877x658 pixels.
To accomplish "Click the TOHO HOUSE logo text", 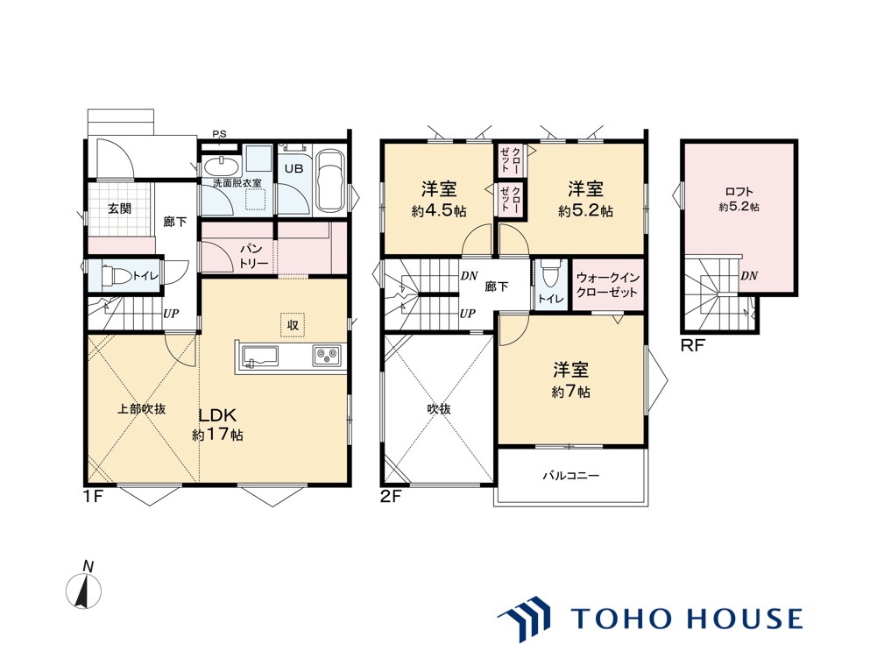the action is [x=687, y=619].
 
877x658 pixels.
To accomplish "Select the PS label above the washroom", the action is [x=219, y=134].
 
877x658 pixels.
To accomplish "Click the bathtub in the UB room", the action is [x=331, y=182].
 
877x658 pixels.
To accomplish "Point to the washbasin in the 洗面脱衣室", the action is [x=221, y=166].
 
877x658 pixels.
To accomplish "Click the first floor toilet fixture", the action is [x=117, y=276].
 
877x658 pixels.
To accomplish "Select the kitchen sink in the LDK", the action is [x=259, y=356].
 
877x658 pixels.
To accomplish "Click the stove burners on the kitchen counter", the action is [x=327, y=355].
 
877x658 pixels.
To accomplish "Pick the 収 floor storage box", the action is [x=294, y=324].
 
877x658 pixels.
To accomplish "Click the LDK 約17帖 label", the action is [x=217, y=424].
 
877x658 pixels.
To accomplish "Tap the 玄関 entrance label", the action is [x=120, y=209].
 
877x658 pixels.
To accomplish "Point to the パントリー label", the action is [x=254, y=256].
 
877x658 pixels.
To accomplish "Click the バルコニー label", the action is [x=571, y=476].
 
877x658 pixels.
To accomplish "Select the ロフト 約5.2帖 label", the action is [x=739, y=199].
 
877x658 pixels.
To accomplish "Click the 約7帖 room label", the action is [x=570, y=393].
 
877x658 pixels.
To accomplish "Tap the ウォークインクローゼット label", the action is [x=607, y=285].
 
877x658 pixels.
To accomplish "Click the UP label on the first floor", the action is [x=171, y=314].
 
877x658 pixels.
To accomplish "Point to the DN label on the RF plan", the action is [x=749, y=276].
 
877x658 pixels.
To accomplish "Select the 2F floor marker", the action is [x=391, y=496].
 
